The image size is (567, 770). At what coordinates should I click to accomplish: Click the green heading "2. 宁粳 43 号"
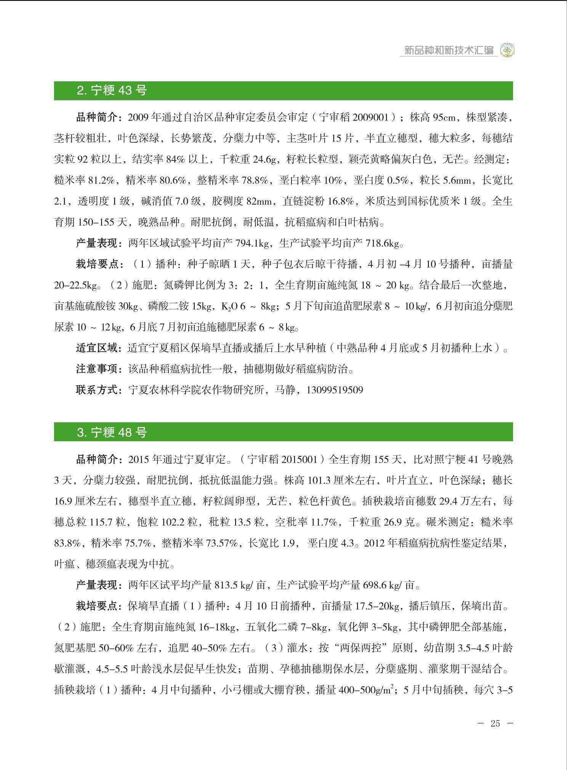click(112, 91)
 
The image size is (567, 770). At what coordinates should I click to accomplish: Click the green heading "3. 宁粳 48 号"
click(112, 432)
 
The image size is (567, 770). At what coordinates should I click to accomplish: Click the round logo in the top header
click(507, 50)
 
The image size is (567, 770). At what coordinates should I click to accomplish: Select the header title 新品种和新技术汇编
click(448, 50)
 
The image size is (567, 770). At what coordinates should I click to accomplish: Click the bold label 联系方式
click(98, 390)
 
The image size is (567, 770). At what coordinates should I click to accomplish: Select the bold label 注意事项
click(98, 369)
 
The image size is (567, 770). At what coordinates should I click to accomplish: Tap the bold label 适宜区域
click(98, 348)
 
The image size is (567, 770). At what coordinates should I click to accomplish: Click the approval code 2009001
click(371, 117)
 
